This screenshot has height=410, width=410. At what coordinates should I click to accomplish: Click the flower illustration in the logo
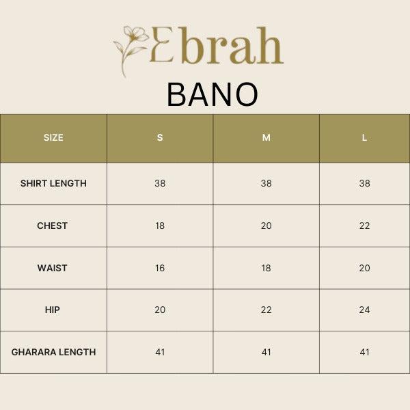click(x=131, y=49)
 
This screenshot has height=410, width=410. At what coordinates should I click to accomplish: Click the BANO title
click(x=213, y=95)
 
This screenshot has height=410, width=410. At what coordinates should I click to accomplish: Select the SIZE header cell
click(x=53, y=137)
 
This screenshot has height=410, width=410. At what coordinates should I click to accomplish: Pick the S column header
click(x=160, y=137)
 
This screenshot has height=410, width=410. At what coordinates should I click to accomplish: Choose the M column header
click(x=266, y=137)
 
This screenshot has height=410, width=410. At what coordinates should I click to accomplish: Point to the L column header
click(x=364, y=137)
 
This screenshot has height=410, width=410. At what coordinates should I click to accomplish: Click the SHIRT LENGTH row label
click(x=53, y=183)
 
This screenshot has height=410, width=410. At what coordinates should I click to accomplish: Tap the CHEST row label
click(x=53, y=225)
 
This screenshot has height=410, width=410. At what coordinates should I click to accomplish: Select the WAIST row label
click(x=53, y=268)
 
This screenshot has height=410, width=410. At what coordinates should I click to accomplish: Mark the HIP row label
click(x=53, y=310)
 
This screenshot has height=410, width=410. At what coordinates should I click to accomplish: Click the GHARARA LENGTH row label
click(x=53, y=352)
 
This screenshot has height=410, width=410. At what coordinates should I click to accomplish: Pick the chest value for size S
click(x=160, y=225)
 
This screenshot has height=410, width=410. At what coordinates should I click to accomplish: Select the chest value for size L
click(x=364, y=225)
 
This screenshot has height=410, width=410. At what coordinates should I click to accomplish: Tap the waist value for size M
click(x=266, y=268)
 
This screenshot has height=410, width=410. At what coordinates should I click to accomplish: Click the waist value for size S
click(x=160, y=268)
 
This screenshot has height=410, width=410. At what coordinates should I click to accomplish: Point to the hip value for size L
click(x=364, y=310)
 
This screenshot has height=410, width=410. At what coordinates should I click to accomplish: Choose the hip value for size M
click(x=266, y=310)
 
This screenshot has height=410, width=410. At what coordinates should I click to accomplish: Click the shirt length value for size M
click(x=266, y=183)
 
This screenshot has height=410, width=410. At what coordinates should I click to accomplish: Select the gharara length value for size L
click(x=364, y=352)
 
